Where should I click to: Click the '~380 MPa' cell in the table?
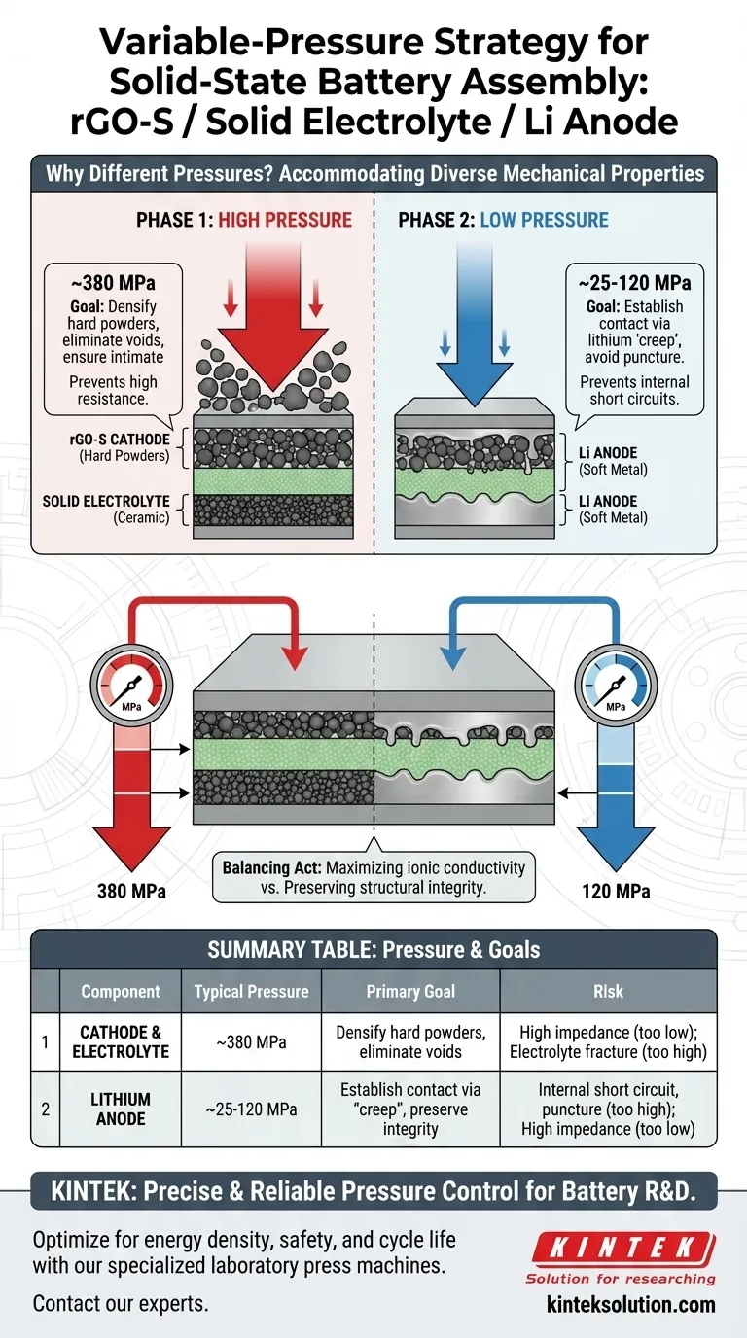pyautogui.click(x=251, y=1042)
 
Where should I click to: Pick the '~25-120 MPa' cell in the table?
pyautogui.click(x=251, y=1109)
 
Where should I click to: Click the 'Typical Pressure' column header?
pyautogui.click(x=251, y=992)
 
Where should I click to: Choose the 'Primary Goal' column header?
pyautogui.click(x=409, y=992)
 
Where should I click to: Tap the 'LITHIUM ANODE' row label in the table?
pyautogui.click(x=121, y=1109)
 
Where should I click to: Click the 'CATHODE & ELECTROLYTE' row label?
pyautogui.click(x=121, y=1042)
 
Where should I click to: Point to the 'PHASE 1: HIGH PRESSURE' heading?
pyautogui.click(x=244, y=220)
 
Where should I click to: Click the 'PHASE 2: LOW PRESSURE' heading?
pyautogui.click(x=503, y=220)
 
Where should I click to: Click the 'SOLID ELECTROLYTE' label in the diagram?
pyautogui.click(x=106, y=502)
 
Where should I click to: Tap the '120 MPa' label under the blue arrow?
pyautogui.click(x=616, y=891)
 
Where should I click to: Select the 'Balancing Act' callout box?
pyautogui.click(x=373, y=877)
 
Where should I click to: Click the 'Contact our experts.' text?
pyautogui.click(x=121, y=1304)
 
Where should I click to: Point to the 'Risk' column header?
pyautogui.click(x=607, y=992)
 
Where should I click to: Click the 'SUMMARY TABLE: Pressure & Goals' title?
pyautogui.click(x=373, y=949)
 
